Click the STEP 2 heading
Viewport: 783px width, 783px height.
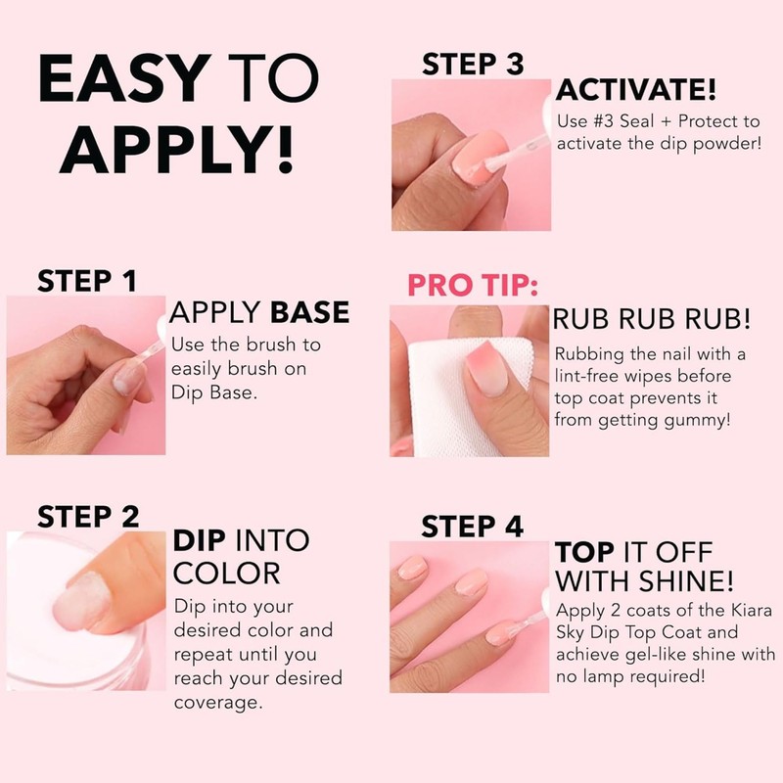pyautogui.click(x=88, y=516)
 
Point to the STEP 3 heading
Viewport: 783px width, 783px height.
pyautogui.click(x=473, y=65)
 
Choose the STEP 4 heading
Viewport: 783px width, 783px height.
pyautogui.click(x=472, y=527)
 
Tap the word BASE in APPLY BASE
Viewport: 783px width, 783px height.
pyautogui.click(x=309, y=312)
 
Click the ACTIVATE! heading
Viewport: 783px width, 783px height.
pyautogui.click(x=636, y=91)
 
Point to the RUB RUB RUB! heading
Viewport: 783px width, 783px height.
pyautogui.click(x=652, y=319)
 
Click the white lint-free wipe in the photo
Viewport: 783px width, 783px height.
pyautogui.click(x=431, y=391)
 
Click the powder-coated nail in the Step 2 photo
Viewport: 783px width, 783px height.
pyautogui.click(x=82, y=597)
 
